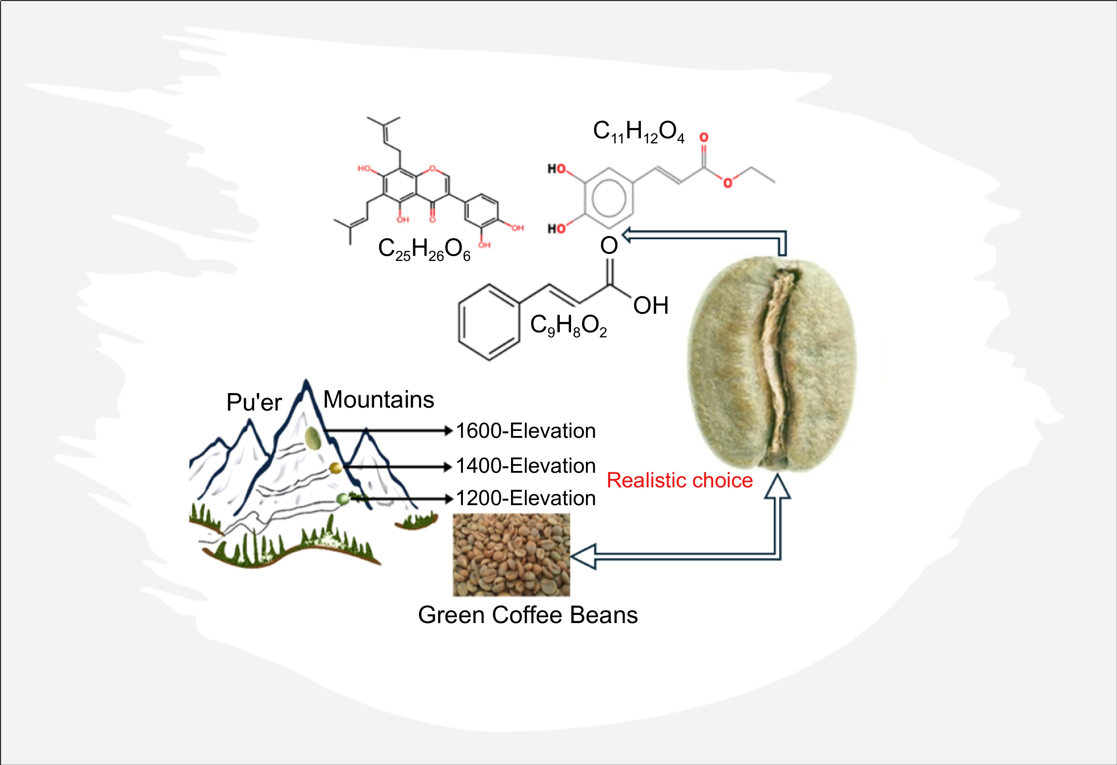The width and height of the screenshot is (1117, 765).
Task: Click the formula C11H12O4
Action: click(638, 132)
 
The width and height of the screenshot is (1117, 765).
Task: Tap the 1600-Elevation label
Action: click(525, 431)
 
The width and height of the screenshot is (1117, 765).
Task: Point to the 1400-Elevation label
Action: click(525, 466)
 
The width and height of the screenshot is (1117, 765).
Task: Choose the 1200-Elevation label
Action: click(525, 498)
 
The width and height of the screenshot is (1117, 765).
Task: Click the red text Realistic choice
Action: click(679, 480)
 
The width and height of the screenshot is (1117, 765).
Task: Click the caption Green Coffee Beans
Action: click(528, 615)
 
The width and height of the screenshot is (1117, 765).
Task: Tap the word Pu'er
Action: click(254, 402)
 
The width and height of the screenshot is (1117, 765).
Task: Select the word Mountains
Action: click(378, 400)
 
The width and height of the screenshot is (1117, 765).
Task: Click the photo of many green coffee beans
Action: click(511, 554)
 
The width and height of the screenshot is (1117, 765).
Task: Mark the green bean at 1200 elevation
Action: click(343, 499)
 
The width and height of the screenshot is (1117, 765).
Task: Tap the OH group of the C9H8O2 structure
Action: click(651, 306)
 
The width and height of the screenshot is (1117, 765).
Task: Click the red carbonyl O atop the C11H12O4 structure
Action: click(704, 138)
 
